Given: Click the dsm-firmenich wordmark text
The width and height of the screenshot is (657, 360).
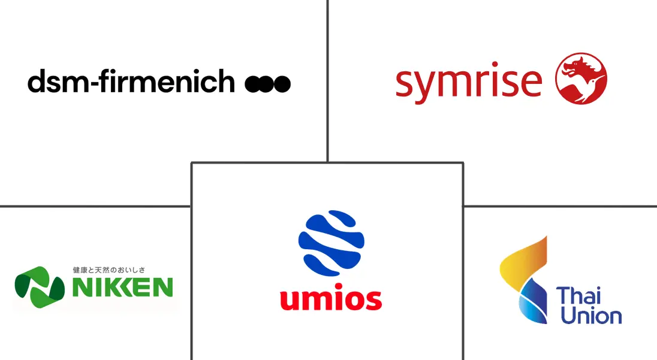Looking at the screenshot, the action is click(x=131, y=81).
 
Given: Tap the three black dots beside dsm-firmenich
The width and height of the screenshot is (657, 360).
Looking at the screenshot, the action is click(x=268, y=84).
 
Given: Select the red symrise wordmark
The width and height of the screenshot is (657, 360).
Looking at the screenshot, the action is click(x=469, y=83).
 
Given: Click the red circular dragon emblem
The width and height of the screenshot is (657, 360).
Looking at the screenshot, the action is click(x=581, y=78).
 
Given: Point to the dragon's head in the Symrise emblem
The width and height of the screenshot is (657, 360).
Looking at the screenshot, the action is click(x=577, y=67).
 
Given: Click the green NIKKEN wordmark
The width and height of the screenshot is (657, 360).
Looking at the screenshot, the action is click(x=122, y=287).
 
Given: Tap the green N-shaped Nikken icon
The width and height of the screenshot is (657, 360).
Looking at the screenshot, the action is click(x=40, y=287).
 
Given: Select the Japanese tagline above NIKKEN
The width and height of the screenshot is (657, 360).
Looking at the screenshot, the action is click(x=109, y=270).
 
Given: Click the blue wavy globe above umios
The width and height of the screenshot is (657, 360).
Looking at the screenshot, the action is click(x=331, y=243).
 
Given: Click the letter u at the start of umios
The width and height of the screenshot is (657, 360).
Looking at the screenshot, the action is click(x=290, y=300).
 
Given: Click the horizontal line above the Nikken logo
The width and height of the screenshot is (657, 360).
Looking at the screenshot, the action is click(x=95, y=206).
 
